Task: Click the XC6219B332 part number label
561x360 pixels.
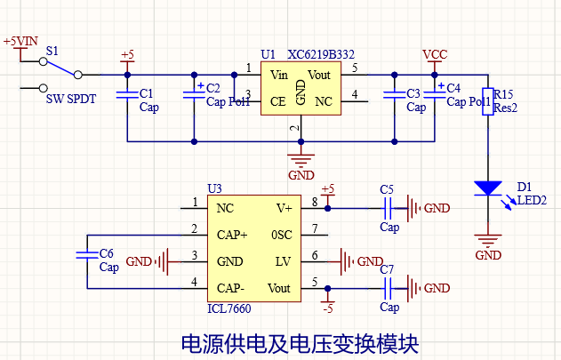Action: pos(321,54)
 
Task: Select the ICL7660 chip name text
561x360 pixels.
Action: pos(229,308)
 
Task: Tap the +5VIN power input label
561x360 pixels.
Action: pos(20,41)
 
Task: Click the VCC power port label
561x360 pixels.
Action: pos(435,54)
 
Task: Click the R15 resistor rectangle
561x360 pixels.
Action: pos(488,101)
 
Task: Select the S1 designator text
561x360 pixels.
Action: pos(52,52)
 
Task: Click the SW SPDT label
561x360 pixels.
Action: pos(71,100)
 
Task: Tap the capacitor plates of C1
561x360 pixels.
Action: pos(127,94)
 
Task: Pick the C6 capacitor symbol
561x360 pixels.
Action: pos(87,255)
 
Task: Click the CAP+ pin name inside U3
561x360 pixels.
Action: pos(232,235)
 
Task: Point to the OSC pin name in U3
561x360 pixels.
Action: pos(282,235)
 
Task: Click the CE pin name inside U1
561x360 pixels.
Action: pos(278,101)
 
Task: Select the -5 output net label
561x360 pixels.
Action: pos(328,308)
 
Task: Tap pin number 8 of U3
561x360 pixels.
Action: pos(315,202)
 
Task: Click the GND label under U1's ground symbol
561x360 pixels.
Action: pos(301,175)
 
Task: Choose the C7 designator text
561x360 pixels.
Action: pos(387,269)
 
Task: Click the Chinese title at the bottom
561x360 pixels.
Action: pos(300,343)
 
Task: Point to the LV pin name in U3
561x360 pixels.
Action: pos(283,261)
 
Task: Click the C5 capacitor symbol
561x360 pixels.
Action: pos(388,208)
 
